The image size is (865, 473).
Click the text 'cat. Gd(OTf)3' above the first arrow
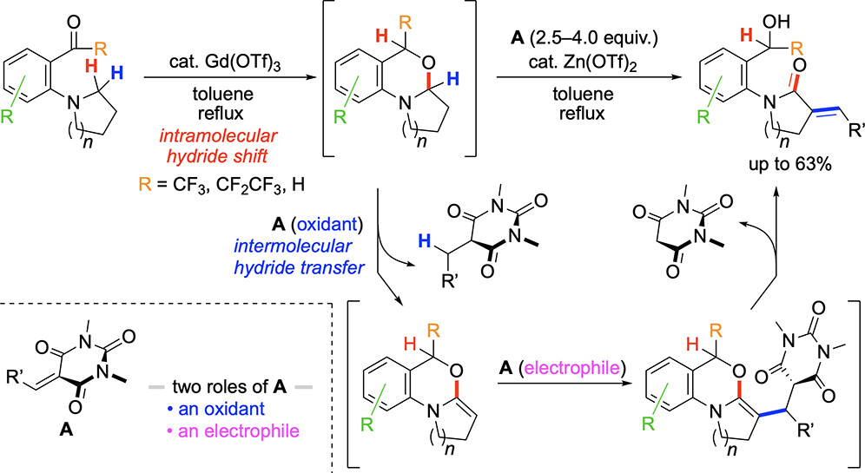(x=225, y=62)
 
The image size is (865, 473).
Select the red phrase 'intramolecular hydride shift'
(x=217, y=146)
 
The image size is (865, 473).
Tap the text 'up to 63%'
(x=789, y=165)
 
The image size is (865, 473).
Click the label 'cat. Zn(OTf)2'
(x=583, y=62)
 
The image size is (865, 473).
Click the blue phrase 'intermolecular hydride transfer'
(x=299, y=257)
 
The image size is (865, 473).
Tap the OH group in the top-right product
(x=776, y=21)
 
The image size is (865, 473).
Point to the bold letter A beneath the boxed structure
(x=66, y=429)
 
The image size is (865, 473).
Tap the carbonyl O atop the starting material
(x=73, y=23)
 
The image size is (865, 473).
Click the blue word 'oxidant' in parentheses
(x=326, y=225)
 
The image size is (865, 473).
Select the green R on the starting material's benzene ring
(x=7, y=117)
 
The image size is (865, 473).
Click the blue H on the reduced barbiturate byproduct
(x=424, y=240)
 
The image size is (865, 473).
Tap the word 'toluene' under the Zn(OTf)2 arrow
(x=583, y=94)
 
